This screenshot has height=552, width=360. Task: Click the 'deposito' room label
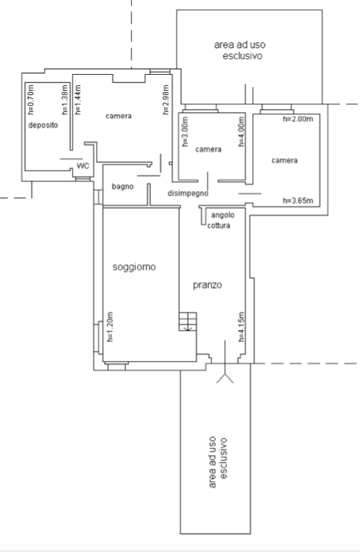(43, 125)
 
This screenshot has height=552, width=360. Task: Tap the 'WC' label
(83, 166)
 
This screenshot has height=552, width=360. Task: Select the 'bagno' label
(122, 187)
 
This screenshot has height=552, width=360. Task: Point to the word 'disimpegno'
(188, 193)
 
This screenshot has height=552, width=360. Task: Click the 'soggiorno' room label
(134, 267)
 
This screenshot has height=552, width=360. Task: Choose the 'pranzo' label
(208, 285)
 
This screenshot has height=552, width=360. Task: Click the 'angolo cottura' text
(220, 220)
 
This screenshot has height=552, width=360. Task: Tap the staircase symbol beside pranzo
(188, 322)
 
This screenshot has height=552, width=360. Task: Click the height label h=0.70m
(31, 100)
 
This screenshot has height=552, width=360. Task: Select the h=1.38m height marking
(65, 100)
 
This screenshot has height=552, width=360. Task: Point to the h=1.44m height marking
(78, 100)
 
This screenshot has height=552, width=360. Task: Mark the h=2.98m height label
(166, 100)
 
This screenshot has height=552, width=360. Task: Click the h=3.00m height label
(186, 131)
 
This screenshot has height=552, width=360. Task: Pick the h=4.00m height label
(241, 131)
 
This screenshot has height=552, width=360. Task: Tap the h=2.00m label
(298, 119)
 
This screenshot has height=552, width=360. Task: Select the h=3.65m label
(298, 201)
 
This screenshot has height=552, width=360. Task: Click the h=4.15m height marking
(242, 327)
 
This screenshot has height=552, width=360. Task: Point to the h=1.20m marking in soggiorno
(109, 327)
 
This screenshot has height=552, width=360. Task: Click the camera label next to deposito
(118, 116)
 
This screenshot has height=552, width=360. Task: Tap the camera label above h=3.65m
(285, 161)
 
